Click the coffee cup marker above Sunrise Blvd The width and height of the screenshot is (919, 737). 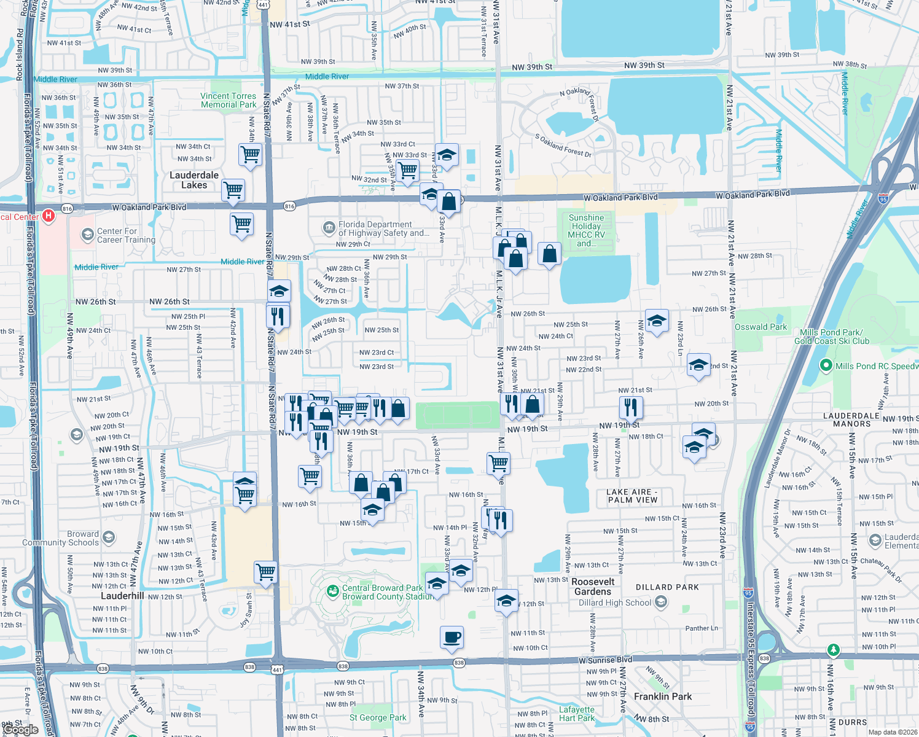[452, 638]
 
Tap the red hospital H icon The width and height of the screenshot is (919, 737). [49, 216]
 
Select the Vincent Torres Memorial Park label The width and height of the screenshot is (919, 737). [228, 100]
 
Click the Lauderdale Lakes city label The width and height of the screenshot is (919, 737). [194, 180]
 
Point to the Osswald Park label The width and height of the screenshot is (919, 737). [761, 327]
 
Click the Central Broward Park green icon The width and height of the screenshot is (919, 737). [333, 591]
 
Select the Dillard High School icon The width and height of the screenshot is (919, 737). [661, 602]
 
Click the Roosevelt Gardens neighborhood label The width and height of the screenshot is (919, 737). [593, 587]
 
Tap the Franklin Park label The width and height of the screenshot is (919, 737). [662, 696]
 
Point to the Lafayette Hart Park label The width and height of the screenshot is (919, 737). [577, 714]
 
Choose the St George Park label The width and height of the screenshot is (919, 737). [378, 717]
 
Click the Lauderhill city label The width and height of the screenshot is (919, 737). [122, 596]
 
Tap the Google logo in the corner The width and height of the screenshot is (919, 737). [21, 729]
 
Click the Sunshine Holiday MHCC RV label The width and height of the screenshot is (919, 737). [587, 230]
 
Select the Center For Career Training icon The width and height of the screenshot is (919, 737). [88, 235]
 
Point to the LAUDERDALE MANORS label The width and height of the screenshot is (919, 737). [851, 419]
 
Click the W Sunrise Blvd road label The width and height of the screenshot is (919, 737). [605, 660]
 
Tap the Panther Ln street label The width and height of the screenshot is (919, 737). [702, 628]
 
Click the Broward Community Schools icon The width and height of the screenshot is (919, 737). [109, 538]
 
